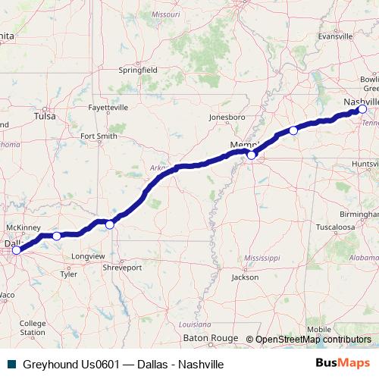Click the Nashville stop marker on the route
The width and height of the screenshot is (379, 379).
[x=362, y=109]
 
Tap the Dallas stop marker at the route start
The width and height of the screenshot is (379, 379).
[x=16, y=249]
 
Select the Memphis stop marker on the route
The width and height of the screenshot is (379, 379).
[x=252, y=155]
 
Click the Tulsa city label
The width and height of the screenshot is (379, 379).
[x=45, y=117]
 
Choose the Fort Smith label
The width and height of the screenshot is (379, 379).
[x=99, y=136]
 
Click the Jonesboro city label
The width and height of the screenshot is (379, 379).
[x=227, y=117]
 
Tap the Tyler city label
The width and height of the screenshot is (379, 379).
[x=68, y=274]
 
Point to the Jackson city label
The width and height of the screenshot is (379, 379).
[x=245, y=277]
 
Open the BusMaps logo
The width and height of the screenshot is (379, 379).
[x=343, y=363]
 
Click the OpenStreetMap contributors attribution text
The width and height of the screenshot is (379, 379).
[x=313, y=339]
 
